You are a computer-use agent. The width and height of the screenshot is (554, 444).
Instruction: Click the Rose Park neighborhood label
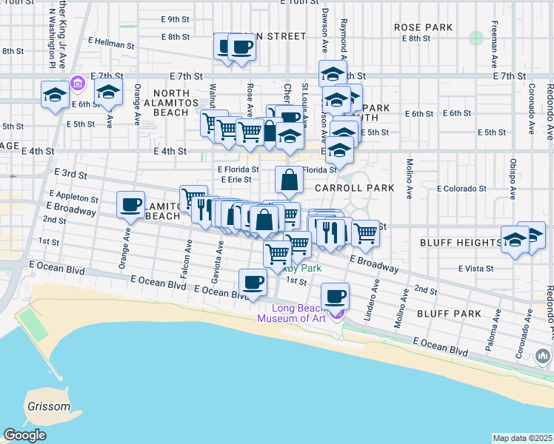tap(423, 27)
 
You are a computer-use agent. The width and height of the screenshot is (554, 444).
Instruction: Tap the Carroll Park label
tap(355, 188)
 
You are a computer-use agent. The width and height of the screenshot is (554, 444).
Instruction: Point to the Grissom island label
tap(50, 406)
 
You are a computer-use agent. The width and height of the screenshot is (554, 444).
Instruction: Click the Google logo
tap(24, 435)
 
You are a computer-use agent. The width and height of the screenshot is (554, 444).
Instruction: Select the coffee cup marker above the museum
tap(336, 296)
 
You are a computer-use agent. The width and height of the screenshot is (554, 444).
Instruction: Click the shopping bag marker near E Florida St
tap(289, 179)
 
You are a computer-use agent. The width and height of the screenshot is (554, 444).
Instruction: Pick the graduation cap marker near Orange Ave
tap(108, 93)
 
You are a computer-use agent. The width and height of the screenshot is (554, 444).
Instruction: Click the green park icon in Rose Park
tap(475, 37)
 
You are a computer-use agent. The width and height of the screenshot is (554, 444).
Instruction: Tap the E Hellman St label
tap(111, 44)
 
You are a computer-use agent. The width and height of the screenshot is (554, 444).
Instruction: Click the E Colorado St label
tap(461, 189)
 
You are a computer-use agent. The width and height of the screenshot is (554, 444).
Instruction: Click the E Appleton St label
tap(72, 198)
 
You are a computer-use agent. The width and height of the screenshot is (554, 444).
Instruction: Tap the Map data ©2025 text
tap(522, 438)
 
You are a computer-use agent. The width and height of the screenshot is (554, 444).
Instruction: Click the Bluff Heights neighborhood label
tap(461, 243)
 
